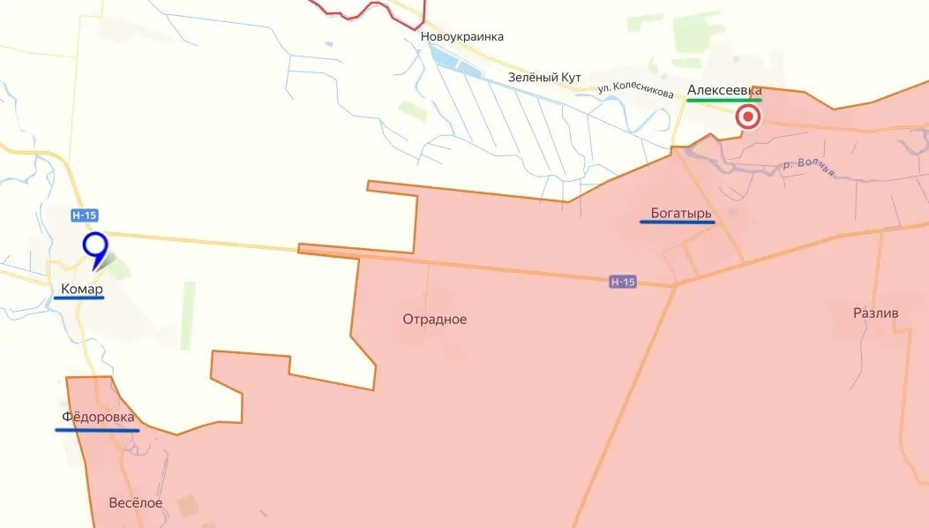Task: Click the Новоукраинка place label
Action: click(x=462, y=37)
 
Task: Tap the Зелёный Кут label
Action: click(x=544, y=78)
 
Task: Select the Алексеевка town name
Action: click(x=723, y=90)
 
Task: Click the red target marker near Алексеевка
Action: click(x=748, y=117)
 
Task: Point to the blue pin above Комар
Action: click(x=94, y=247)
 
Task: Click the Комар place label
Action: click(x=82, y=289)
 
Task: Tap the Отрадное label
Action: click(x=435, y=319)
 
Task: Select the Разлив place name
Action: click(x=876, y=313)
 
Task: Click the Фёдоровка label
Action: click(x=98, y=417)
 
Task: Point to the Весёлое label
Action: click(x=136, y=502)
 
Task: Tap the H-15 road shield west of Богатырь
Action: click(x=622, y=282)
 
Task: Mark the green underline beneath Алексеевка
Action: click(x=723, y=100)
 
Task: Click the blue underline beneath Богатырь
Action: click(x=677, y=223)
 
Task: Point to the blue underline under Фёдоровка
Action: click(x=97, y=430)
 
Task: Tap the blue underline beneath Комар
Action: click(x=79, y=298)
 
